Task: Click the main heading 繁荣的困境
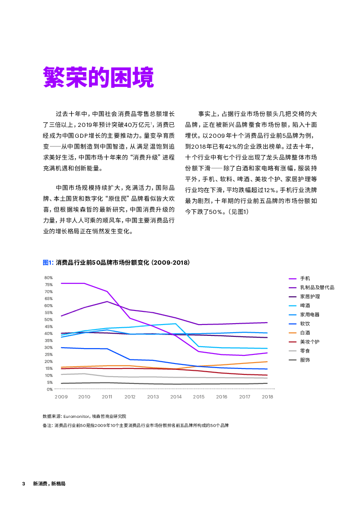98,78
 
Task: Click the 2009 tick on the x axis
61,397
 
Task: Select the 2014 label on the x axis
176,397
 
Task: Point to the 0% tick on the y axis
49,389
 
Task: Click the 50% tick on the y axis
49,320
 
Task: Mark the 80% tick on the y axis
49,277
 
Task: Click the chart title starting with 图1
116,262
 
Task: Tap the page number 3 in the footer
24,484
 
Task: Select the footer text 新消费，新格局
49,484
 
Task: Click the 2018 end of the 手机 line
268,353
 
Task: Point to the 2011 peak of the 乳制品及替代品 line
107,301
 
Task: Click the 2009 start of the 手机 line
61,283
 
